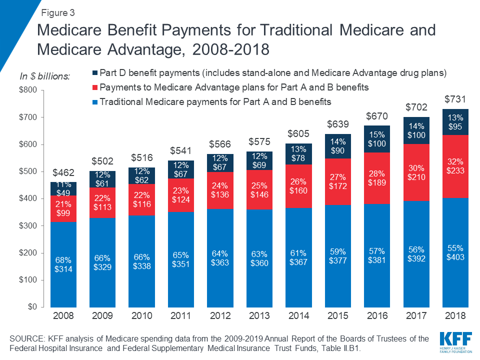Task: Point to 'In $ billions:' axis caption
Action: (x=45, y=76)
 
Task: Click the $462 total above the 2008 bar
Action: (x=63, y=173)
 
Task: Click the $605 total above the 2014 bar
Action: (x=298, y=134)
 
